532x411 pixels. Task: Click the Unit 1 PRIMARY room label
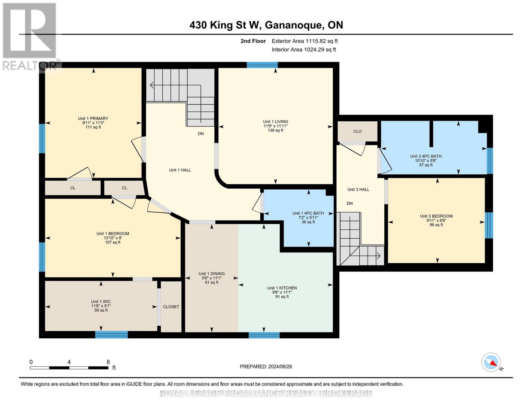93,119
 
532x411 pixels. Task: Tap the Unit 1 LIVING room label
275,122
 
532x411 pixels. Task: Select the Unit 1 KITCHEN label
282,288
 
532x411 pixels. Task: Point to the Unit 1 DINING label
212,274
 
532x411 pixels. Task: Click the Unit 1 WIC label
101,302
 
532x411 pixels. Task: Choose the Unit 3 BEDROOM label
436,216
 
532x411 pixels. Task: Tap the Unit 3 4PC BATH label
426,156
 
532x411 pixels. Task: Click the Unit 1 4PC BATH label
308,213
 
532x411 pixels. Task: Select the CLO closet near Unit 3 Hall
357,131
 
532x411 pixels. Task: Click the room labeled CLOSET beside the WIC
171,307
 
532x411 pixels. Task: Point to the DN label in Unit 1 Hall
201,134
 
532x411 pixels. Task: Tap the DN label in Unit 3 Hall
350,203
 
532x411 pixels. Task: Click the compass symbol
491,362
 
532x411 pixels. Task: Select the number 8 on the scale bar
108,362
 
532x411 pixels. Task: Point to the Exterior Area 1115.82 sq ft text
305,41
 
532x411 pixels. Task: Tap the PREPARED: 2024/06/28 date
266,366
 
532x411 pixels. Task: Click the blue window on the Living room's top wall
262,65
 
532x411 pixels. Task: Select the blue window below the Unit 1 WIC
111,335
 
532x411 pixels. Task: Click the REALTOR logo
30,36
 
